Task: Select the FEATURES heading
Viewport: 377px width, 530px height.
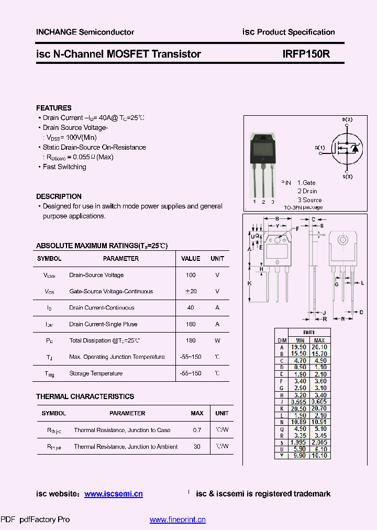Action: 54,108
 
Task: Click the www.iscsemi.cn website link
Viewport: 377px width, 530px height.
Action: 113,494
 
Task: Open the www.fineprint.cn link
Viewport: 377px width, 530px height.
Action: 178,520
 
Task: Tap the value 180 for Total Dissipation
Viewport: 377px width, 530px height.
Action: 191,340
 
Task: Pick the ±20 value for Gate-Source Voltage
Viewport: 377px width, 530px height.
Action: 191,291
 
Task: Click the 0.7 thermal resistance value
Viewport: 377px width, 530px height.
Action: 197,430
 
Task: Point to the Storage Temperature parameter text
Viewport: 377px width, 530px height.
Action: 96,373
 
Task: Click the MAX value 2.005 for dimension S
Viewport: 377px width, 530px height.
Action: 319,442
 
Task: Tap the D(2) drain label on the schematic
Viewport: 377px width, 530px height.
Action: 347,120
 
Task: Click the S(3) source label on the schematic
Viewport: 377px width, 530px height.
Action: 347,177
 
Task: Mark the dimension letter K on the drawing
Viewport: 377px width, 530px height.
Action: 250,283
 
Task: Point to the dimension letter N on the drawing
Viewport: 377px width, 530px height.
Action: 343,318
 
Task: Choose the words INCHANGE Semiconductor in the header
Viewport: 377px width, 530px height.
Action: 85,32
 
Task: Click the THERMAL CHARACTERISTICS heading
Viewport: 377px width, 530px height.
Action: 85,396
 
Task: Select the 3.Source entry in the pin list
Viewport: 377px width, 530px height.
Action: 310,200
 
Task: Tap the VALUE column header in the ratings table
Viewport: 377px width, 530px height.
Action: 191,259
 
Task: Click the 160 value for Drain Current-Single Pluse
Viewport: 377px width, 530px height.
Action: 191,324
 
